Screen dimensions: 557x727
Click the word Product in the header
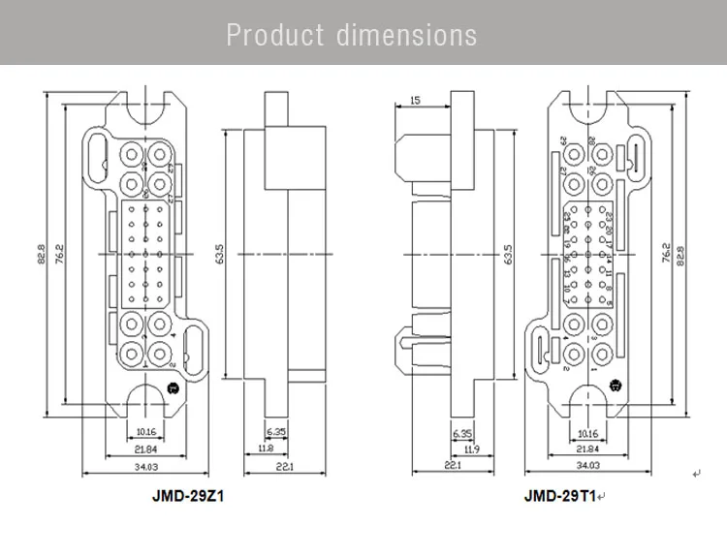(x=275, y=35)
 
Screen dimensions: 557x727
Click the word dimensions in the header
(x=407, y=35)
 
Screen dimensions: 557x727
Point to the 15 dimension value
(x=415, y=101)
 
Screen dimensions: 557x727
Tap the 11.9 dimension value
(x=471, y=449)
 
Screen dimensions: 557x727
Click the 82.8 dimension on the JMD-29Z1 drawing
(x=43, y=255)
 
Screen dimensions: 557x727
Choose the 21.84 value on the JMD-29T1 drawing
(x=586, y=449)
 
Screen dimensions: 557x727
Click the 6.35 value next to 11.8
(x=276, y=431)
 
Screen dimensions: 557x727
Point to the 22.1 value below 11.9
(x=450, y=467)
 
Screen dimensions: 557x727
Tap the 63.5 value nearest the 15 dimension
(x=510, y=255)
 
